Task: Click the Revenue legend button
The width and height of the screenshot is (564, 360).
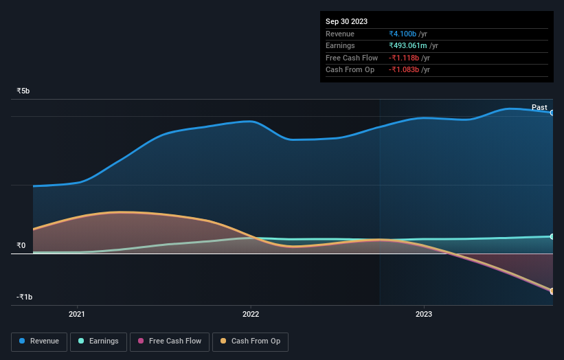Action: (x=39, y=341)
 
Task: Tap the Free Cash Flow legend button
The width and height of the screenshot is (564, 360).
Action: (x=168, y=341)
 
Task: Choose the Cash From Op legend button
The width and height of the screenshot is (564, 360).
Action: (x=251, y=341)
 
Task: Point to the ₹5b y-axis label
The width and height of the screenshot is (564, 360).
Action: (x=23, y=91)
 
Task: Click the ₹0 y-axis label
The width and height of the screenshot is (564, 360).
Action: (x=21, y=246)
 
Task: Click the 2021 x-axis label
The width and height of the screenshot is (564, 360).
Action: (x=77, y=315)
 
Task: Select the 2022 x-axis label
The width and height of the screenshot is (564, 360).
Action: (x=251, y=315)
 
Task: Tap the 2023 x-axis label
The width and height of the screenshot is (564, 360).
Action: (x=424, y=315)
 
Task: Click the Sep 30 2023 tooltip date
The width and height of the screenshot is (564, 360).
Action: (x=347, y=21)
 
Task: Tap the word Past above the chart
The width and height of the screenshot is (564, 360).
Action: (x=539, y=107)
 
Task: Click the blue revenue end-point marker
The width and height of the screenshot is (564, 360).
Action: (x=552, y=113)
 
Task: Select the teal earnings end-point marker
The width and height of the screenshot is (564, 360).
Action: (x=552, y=236)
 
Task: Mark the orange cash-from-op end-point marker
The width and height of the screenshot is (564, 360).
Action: (x=552, y=291)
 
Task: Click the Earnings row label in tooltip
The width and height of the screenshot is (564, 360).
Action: (x=340, y=46)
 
